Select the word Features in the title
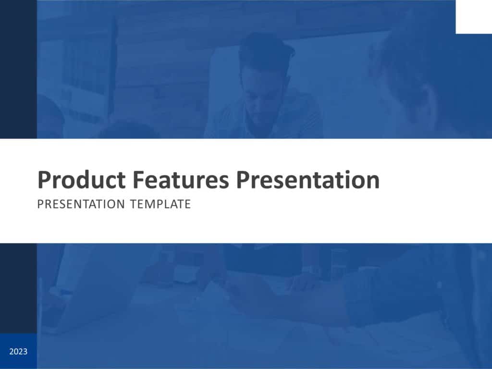[x=181, y=180]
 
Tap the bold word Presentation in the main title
[x=308, y=180]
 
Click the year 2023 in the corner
[x=18, y=352]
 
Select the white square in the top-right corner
[x=473, y=17]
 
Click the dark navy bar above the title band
[x=18, y=70]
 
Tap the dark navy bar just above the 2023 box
[x=18, y=288]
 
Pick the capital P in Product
[x=44, y=180]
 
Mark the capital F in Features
[x=137, y=180]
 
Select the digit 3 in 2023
[x=25, y=352]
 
